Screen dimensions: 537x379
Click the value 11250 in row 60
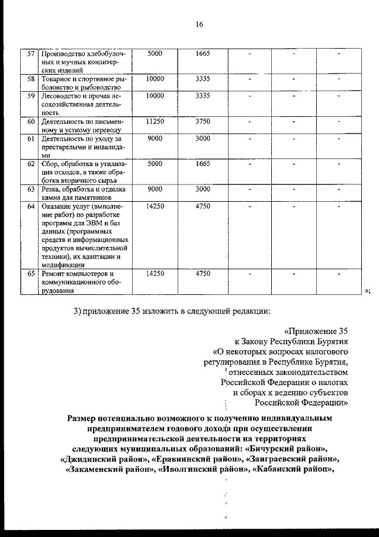[x=155, y=121]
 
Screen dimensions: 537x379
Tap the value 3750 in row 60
[x=203, y=121]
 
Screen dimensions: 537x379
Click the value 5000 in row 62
[x=155, y=164]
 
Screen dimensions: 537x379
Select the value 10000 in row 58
[x=155, y=78]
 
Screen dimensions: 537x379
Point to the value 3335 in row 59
[x=203, y=96]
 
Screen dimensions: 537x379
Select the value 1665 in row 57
[x=203, y=53]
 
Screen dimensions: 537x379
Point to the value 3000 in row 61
[x=203, y=138]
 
